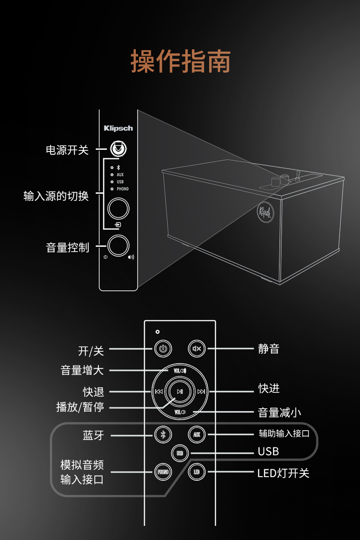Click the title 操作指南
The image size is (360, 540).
click(180, 62)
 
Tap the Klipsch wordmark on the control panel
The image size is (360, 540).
click(118, 128)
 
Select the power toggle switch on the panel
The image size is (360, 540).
click(118, 149)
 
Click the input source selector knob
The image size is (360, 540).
click(118, 209)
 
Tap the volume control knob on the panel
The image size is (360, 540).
click(118, 245)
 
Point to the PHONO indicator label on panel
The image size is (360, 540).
click(123, 189)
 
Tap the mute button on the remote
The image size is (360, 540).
click(197, 349)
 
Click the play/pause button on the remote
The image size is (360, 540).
click(180, 391)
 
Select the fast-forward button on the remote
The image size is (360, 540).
click(201, 391)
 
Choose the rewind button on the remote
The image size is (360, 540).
click(159, 391)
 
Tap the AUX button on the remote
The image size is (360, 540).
click(197, 434)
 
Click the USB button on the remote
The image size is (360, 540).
click(180, 453)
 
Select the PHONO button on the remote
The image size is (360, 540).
click(163, 472)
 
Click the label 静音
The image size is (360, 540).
click(268, 349)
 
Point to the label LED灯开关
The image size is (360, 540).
click(283, 473)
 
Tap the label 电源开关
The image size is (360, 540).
click(67, 150)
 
